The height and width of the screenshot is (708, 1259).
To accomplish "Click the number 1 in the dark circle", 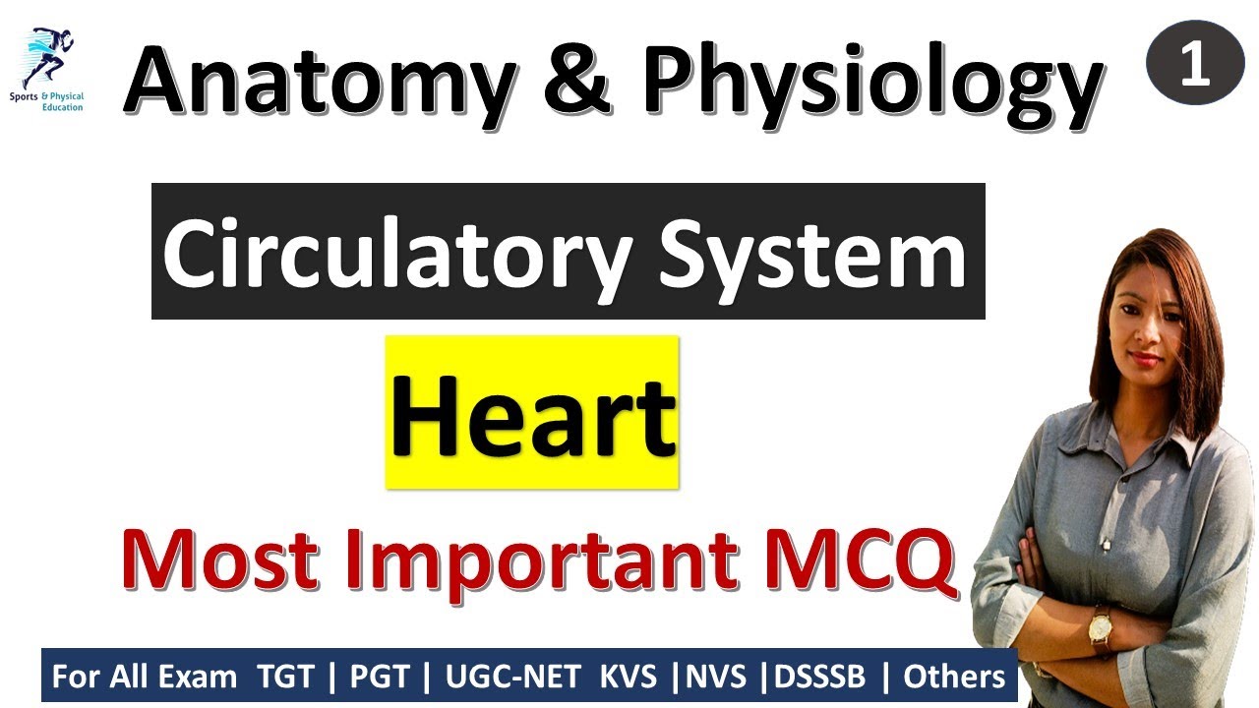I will pos(1195,65).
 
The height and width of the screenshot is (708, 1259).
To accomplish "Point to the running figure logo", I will pos(49,59).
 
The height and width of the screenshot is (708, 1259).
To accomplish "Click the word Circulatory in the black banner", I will pos(394,254).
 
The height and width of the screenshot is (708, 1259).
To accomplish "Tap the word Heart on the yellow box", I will pos(532,413).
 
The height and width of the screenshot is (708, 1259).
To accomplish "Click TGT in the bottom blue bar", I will pos(284,677).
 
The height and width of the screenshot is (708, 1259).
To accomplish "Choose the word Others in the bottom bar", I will pos(953,677).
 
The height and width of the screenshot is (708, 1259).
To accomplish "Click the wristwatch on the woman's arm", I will pos(1099,625).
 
